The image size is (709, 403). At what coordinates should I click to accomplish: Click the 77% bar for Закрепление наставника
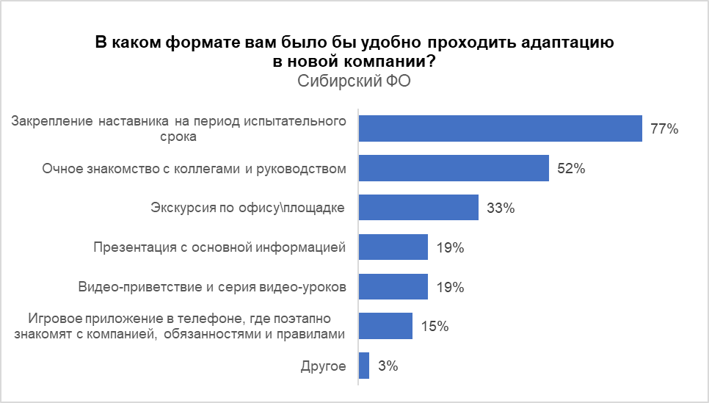point(500,128)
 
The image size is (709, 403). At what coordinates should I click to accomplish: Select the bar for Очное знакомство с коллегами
point(454,168)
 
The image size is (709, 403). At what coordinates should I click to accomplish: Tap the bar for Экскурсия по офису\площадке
point(418,208)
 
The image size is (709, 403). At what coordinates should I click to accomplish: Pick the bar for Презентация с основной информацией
point(393,247)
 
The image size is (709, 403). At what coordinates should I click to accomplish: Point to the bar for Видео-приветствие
point(393,287)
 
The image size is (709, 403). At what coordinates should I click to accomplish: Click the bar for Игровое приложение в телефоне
point(385,326)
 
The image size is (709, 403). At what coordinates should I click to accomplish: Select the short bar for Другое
point(364,366)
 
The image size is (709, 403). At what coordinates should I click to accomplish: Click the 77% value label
point(663,129)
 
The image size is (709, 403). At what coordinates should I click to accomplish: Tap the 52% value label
point(570,169)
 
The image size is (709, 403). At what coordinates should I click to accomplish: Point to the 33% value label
point(500,208)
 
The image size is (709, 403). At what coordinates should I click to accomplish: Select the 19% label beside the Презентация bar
point(449,248)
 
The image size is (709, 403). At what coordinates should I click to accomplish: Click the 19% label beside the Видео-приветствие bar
point(449,288)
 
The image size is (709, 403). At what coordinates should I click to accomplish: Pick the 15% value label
point(434,327)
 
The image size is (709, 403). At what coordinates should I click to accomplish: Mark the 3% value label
point(388,366)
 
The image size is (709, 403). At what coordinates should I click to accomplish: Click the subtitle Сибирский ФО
point(354,81)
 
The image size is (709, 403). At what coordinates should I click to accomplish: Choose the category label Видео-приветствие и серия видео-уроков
point(211,287)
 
